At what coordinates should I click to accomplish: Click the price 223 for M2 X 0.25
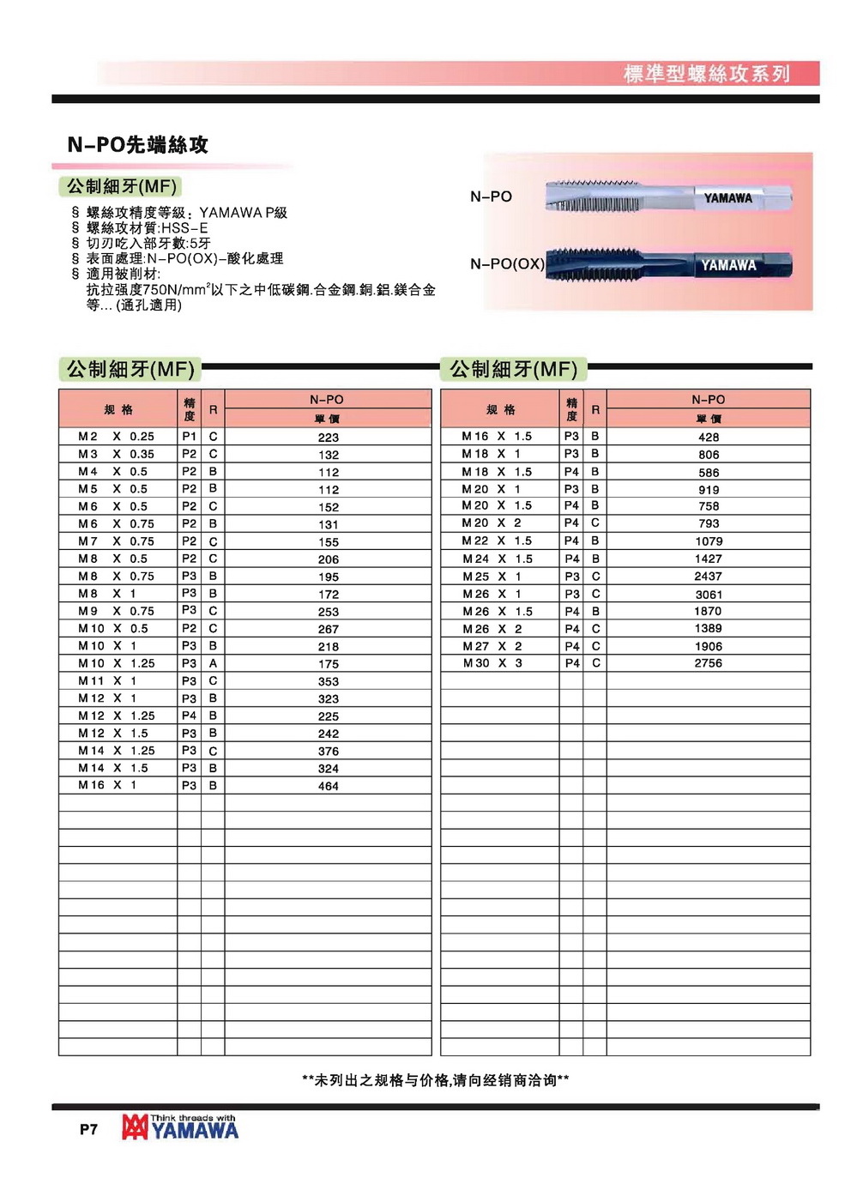329,438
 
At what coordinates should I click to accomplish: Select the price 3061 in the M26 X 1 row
709,595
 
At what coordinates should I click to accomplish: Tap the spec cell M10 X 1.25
117,663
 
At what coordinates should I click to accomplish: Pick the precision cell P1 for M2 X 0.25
189,437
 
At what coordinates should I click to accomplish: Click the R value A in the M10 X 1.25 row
213,663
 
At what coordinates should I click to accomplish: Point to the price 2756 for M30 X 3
709,663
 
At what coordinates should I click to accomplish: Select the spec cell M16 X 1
107,785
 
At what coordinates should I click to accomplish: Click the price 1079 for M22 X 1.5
709,541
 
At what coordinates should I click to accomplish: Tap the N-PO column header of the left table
327,400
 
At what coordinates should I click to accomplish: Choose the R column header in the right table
595,410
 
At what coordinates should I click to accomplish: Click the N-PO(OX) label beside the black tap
507,264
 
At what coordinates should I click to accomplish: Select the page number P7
88,1129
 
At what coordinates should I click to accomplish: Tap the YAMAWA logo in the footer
181,1127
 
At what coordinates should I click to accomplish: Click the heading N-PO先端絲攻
138,145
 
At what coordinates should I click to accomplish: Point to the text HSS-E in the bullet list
184,228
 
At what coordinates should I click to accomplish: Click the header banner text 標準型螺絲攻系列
706,74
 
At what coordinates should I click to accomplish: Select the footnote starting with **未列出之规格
436,1080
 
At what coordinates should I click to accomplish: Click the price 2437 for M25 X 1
709,577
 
